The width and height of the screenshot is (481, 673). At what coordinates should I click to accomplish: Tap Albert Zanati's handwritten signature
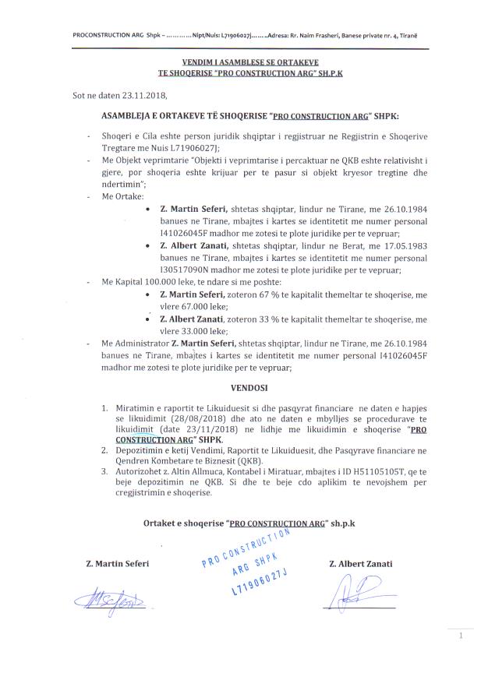tap(352, 596)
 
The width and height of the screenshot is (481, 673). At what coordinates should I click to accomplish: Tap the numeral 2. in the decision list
tap(105, 450)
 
